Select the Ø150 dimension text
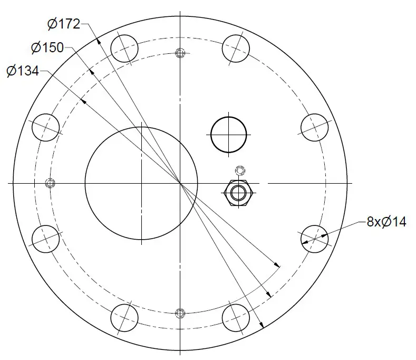click(x=47, y=48)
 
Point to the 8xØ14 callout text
click(x=386, y=222)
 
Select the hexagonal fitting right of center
click(x=239, y=193)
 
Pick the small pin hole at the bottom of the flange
click(x=180, y=312)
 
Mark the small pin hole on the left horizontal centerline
click(x=51, y=183)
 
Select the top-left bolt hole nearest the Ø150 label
click(x=125, y=49)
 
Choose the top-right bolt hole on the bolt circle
click(x=236, y=49)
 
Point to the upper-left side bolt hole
click(x=46, y=127)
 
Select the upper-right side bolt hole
click(x=315, y=127)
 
